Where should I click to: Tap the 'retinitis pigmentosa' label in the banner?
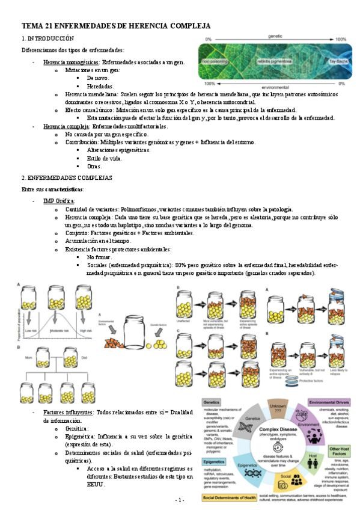(274, 61)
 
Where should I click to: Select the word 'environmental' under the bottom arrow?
(275, 88)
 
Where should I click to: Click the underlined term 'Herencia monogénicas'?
(66, 63)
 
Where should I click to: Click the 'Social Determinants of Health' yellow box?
(231, 499)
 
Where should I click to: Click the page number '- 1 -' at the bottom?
(180, 500)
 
